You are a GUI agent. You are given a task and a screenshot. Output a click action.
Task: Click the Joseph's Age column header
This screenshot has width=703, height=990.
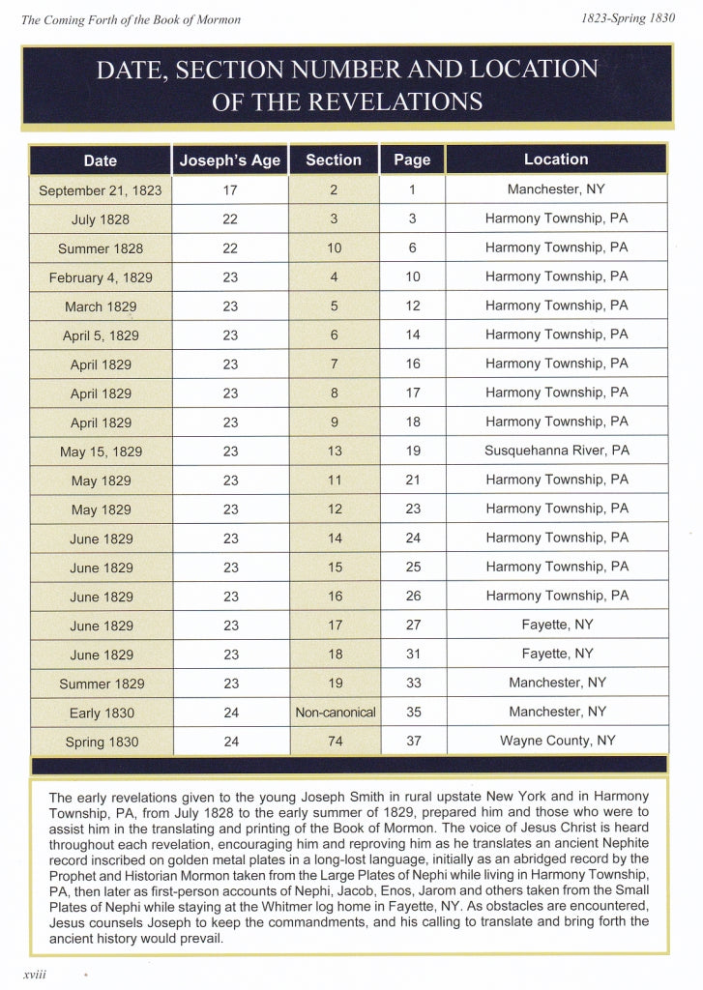[x=230, y=160]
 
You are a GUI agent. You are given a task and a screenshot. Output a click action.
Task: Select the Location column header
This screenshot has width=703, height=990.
[x=556, y=160]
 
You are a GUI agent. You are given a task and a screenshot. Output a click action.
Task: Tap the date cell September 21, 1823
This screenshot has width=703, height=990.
[x=101, y=190]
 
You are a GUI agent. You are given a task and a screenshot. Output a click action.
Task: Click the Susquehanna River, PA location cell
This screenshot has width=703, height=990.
[x=556, y=451]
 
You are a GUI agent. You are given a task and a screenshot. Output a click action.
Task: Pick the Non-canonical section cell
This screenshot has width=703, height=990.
[x=336, y=713]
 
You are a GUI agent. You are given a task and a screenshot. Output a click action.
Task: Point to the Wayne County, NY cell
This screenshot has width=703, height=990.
[x=557, y=742]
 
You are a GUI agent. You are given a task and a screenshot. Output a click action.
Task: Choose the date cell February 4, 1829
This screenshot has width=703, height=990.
[x=101, y=277]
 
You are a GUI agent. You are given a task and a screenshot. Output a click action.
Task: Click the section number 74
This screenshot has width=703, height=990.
[x=335, y=742]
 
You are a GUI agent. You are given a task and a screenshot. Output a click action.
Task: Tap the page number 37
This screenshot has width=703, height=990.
[x=413, y=742]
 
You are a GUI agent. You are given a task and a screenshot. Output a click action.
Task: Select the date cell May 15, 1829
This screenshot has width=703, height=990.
[x=101, y=451]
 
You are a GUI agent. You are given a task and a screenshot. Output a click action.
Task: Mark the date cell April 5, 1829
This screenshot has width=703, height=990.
[x=101, y=335]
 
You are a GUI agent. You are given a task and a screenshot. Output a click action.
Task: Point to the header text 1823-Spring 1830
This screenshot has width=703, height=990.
[x=628, y=18]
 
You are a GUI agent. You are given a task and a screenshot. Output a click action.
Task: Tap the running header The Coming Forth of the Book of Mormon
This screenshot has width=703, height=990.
[x=131, y=19]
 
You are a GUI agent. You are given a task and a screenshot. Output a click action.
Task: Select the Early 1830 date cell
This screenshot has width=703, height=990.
[x=102, y=713]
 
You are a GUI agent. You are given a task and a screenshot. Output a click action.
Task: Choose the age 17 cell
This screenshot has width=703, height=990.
[x=230, y=190]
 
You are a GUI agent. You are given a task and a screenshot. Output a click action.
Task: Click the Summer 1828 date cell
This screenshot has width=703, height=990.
[x=101, y=248]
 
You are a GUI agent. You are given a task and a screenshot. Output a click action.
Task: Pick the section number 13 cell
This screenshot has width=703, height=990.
[x=335, y=451]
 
